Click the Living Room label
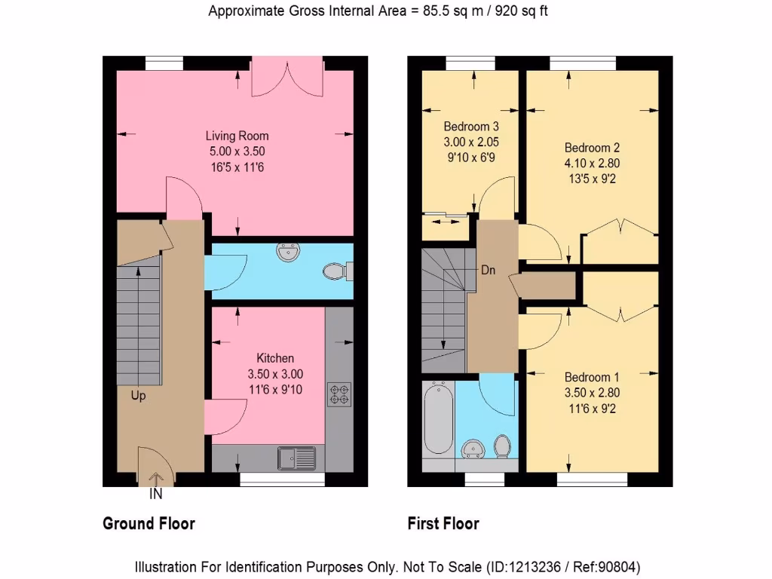click(237, 136)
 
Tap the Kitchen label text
click(275, 358)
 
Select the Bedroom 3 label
click(470, 126)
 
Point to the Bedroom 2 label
click(592, 148)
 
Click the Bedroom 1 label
click(592, 377)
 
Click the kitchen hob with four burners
click(339, 394)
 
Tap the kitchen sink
click(296, 456)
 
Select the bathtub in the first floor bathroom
click(437, 418)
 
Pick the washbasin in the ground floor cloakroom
click(286, 253)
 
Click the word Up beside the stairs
click(139, 396)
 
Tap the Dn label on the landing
click(489, 270)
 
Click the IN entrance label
click(156, 495)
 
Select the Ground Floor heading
click(149, 523)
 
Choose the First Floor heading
click(443, 523)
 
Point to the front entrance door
click(156, 467)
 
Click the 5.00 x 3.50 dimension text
click(237, 152)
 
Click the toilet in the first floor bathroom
click(501, 447)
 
